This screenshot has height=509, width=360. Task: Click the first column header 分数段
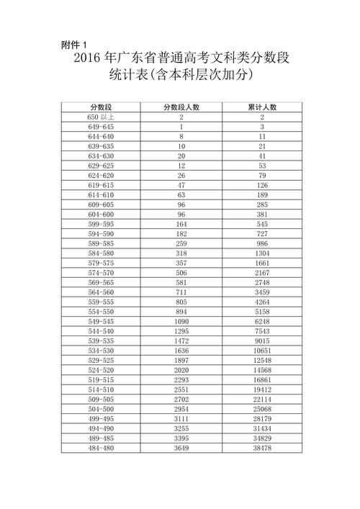pyautogui.click(x=101, y=107)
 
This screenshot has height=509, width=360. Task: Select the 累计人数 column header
pyautogui.click(x=262, y=107)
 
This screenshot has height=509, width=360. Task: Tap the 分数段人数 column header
pyautogui.click(x=181, y=107)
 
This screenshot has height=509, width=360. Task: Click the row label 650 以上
pyautogui.click(x=101, y=117)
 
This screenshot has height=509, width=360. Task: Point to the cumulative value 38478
pyautogui.click(x=262, y=448)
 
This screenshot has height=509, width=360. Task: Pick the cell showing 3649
pyautogui.click(x=181, y=448)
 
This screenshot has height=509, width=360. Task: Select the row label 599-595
pyautogui.click(x=101, y=225)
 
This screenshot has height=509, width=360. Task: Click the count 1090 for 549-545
pyautogui.click(x=181, y=322)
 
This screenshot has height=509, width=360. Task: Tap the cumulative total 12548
pyautogui.click(x=262, y=361)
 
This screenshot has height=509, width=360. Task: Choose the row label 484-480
pyautogui.click(x=101, y=448)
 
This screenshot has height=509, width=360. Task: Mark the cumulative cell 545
pyautogui.click(x=262, y=225)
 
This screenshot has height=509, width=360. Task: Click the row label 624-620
pyautogui.click(x=101, y=175)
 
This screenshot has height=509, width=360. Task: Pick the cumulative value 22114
pyautogui.click(x=262, y=400)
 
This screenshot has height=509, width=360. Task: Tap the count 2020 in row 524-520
pyautogui.click(x=181, y=370)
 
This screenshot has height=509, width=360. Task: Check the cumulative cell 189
pyautogui.click(x=262, y=195)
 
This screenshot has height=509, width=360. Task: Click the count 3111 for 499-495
pyautogui.click(x=181, y=419)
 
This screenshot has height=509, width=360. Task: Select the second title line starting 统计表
pyautogui.click(x=180, y=75)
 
